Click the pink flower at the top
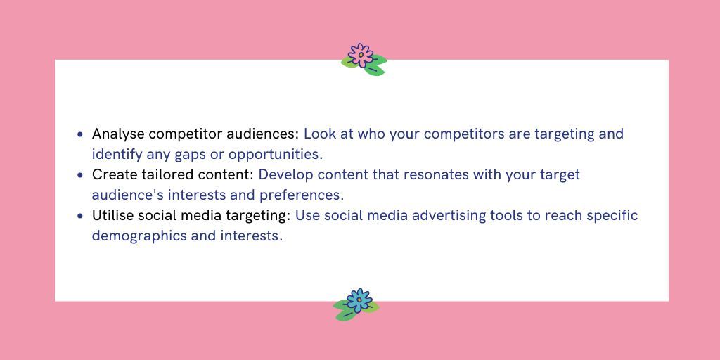[x=361, y=56]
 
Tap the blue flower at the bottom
[x=359, y=301]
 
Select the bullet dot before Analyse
[x=81, y=134]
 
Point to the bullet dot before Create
[x=81, y=174]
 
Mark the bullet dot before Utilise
[x=81, y=215]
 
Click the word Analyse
[x=118, y=134]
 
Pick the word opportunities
[x=274, y=154]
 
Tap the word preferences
[x=302, y=195]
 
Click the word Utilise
[x=114, y=215]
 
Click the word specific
[x=612, y=215]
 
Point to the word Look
[x=320, y=134]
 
